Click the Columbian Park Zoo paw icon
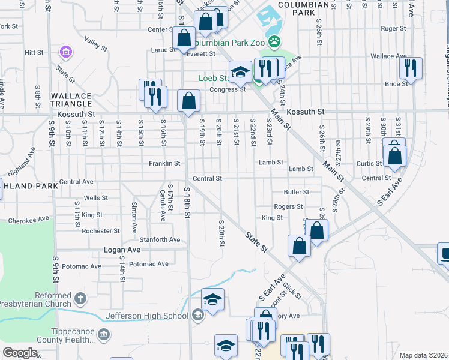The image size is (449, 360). pyautogui.click(x=274, y=41)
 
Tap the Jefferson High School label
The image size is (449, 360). pyautogui.click(x=146, y=316)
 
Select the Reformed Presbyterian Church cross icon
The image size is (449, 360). pyautogui.click(x=80, y=298)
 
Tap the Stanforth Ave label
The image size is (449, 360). pyautogui.click(x=158, y=239)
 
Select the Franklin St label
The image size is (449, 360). pyautogui.click(x=164, y=163)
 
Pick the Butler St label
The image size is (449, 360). pyautogui.click(x=296, y=192)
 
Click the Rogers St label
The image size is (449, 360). pyautogui.click(x=288, y=206)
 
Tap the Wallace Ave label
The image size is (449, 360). pyautogui.click(x=388, y=56)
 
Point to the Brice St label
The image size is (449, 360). pyautogui.click(x=396, y=84)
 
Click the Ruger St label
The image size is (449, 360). pyautogui.click(x=394, y=28)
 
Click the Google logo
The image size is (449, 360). pyautogui.click(x=20, y=353)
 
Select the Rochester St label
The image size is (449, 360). pyautogui.click(x=101, y=230)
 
